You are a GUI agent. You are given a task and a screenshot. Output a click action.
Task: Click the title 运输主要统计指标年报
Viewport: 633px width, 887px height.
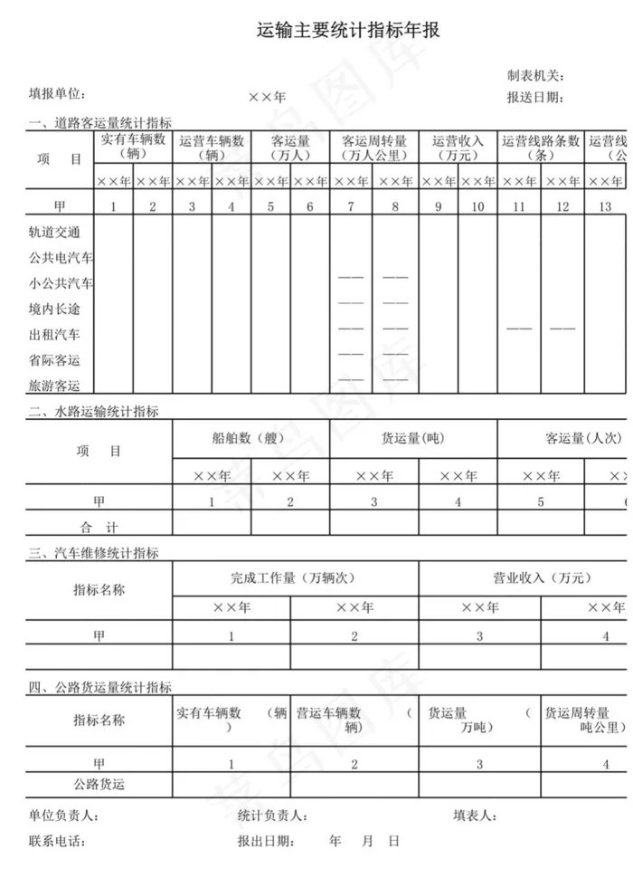(x=348, y=32)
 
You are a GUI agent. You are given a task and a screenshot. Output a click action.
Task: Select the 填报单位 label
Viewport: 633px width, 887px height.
(x=57, y=94)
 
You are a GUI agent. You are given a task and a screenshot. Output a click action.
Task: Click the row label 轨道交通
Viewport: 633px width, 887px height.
(x=54, y=233)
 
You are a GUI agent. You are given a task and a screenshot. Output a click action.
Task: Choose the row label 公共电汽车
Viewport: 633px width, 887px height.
(x=61, y=258)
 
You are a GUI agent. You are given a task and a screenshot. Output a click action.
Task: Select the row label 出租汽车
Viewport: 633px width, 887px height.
(x=54, y=335)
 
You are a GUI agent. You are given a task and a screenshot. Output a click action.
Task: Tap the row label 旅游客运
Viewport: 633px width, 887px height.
(x=54, y=386)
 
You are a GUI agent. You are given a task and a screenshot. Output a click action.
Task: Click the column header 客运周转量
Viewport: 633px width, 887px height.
(x=373, y=148)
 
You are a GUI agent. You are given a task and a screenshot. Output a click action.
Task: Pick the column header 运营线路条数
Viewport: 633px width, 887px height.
(x=540, y=148)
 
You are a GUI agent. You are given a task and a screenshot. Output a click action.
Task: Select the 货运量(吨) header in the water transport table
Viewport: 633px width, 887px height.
(x=412, y=439)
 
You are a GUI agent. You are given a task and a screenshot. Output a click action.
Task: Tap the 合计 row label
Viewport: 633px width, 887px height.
(x=99, y=526)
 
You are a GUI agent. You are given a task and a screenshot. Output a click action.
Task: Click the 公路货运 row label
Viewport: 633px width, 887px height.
(x=99, y=785)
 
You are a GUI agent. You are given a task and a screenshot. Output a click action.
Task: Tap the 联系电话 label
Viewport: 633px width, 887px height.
(x=57, y=842)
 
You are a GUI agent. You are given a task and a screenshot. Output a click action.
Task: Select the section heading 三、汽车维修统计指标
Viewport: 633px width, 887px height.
(x=93, y=553)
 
